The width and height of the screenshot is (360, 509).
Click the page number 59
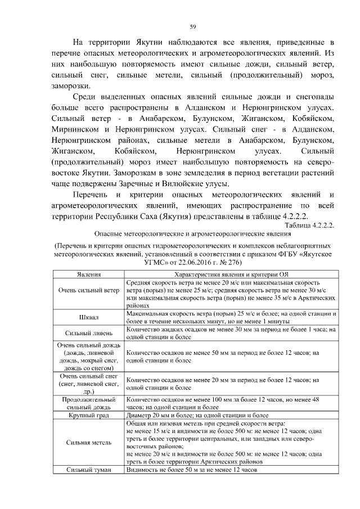pyautogui.click(x=192, y=26)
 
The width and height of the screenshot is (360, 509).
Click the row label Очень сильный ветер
pyautogui.click(x=88, y=291)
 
